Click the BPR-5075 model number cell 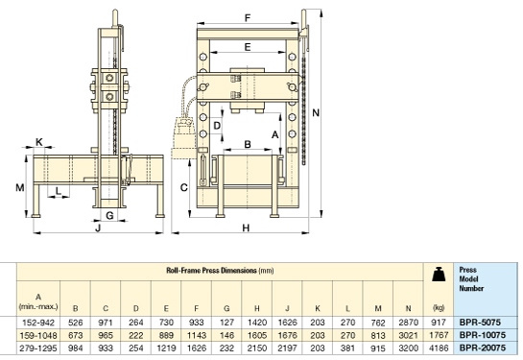480,323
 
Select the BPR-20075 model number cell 483,348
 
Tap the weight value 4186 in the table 439,348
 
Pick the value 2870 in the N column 408,323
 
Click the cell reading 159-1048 38,335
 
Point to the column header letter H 257,308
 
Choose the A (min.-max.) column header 38,301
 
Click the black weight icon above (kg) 439,275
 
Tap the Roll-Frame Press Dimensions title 220,271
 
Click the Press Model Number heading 471,279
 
